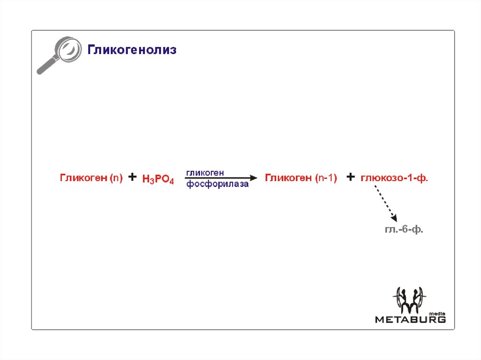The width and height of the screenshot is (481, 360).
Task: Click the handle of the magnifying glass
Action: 45,67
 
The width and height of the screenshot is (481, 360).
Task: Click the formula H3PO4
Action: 158,179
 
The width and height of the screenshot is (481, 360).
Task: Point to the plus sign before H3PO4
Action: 133,177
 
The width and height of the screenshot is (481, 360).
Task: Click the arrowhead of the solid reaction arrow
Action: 254,178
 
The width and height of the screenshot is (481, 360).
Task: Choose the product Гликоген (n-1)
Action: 301,178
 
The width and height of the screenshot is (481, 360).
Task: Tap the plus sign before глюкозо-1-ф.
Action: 350,177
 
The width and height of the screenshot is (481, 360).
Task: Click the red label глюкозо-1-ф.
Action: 395,178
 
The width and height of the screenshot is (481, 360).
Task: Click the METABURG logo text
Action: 410,320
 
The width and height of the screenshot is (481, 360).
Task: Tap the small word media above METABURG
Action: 438,313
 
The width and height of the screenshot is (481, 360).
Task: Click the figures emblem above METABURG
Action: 409,300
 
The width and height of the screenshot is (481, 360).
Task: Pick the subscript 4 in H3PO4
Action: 171,182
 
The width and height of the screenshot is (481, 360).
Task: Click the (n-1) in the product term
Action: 326,178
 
